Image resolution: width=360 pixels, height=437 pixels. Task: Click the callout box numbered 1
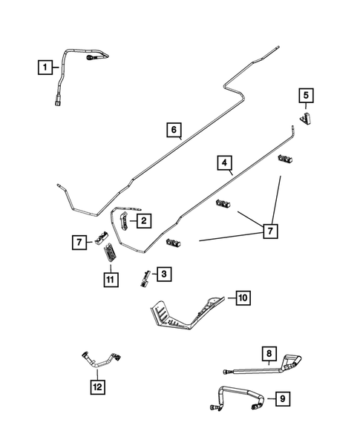coord(45,68)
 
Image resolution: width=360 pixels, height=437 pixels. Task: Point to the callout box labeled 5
coord(306,95)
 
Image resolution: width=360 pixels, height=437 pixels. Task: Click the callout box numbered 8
coord(268,352)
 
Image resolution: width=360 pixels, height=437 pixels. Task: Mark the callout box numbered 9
coord(281,399)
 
